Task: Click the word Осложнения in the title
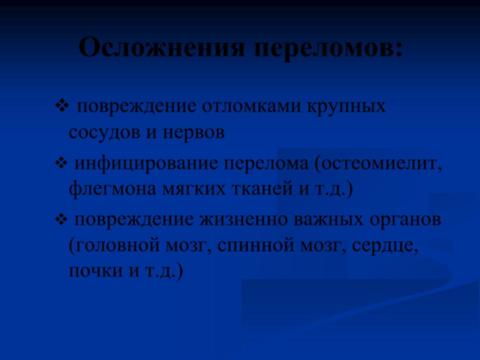[x=162, y=47]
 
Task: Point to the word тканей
[x=263, y=189]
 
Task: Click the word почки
[x=95, y=271]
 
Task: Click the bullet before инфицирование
[x=61, y=163]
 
